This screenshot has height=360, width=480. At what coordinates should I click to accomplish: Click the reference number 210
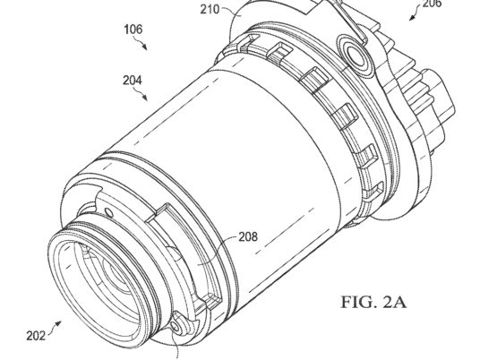[210, 10]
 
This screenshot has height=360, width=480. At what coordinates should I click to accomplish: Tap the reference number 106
[133, 30]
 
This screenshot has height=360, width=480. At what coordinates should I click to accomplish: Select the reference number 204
[133, 81]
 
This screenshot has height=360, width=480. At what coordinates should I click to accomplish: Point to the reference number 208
[248, 237]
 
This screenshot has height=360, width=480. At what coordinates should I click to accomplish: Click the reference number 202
[36, 336]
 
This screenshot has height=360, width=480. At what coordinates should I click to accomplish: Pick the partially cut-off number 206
[432, 4]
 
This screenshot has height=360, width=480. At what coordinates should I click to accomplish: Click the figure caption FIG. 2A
[373, 302]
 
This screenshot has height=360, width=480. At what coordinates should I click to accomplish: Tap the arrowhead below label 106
[145, 47]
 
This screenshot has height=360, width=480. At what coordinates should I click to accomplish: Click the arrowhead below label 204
[145, 99]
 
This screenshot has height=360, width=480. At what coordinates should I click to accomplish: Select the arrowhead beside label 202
[58, 323]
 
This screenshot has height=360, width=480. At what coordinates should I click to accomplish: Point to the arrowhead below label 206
[411, 18]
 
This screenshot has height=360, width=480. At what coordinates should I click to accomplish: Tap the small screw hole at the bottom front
[175, 327]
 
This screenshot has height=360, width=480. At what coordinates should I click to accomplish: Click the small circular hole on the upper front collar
[108, 211]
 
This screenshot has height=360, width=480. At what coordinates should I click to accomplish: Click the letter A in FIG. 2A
[399, 302]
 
